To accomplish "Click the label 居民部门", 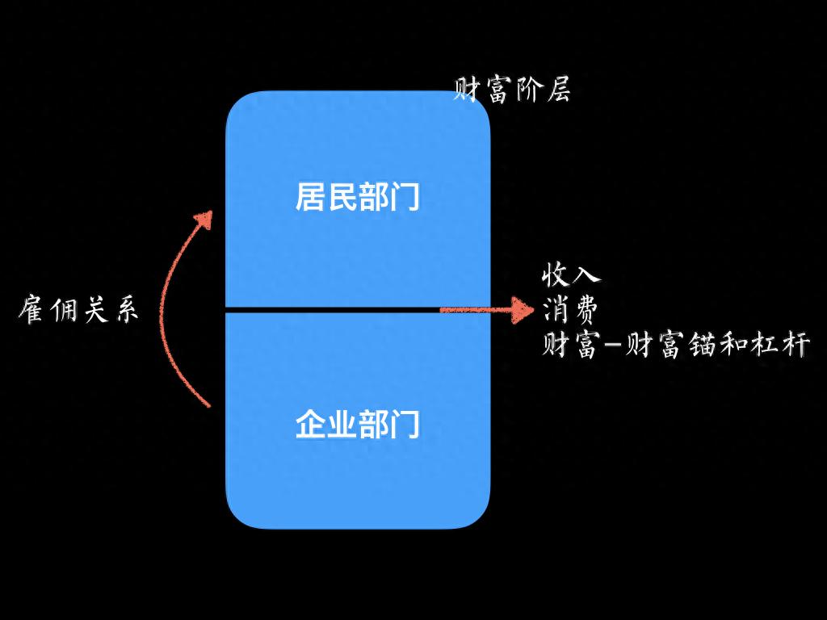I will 358,197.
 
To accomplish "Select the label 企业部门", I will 358,425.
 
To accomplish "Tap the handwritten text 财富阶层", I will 512,90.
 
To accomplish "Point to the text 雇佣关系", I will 78,310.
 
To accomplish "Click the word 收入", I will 571,274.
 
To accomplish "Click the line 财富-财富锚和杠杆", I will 675,346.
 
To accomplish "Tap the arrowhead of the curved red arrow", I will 205,219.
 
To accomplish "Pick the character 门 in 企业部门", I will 405,425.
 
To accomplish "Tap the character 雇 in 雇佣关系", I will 31,310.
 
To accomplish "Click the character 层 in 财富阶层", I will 558,90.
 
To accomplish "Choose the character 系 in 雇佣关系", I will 125,310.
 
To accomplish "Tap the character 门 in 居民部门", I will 405,197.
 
